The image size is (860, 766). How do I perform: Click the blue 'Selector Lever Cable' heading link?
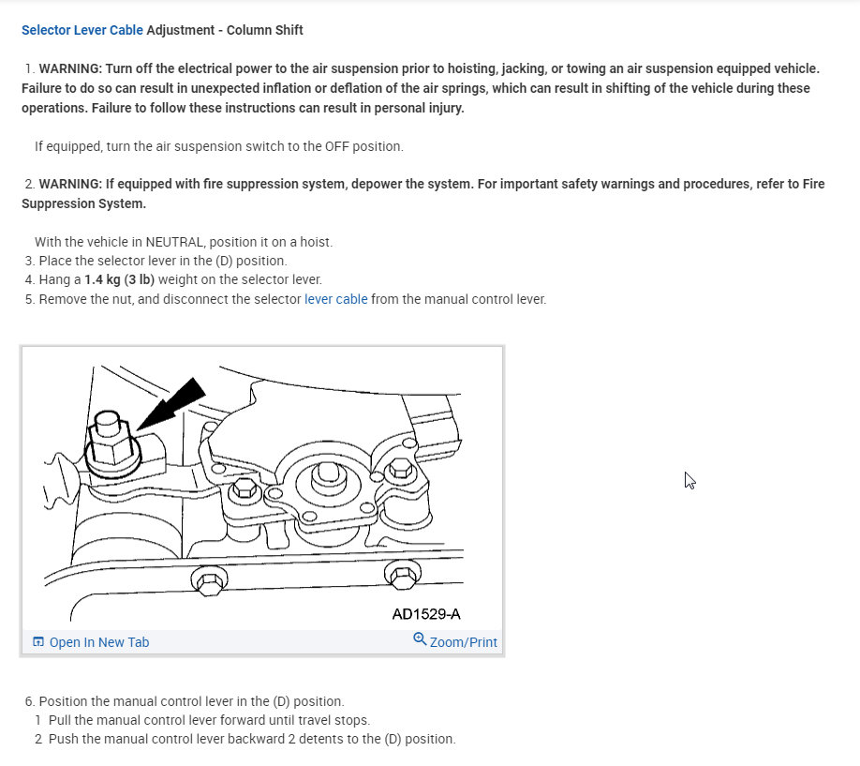[x=82, y=30]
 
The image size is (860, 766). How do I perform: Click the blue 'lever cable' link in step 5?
[x=335, y=299]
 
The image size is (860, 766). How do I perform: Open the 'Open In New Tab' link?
[x=98, y=642]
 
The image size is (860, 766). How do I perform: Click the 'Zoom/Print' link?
[x=463, y=642]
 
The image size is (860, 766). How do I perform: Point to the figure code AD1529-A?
[x=426, y=615]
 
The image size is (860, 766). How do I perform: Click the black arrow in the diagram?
[x=173, y=402]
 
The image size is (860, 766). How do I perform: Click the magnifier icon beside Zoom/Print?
[x=420, y=639]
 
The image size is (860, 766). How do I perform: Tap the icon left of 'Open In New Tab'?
[x=38, y=642]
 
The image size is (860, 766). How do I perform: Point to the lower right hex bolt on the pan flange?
[x=402, y=575]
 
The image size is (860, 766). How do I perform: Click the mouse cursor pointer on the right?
[x=689, y=479]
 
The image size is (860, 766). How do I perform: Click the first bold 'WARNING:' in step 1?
[x=70, y=68]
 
